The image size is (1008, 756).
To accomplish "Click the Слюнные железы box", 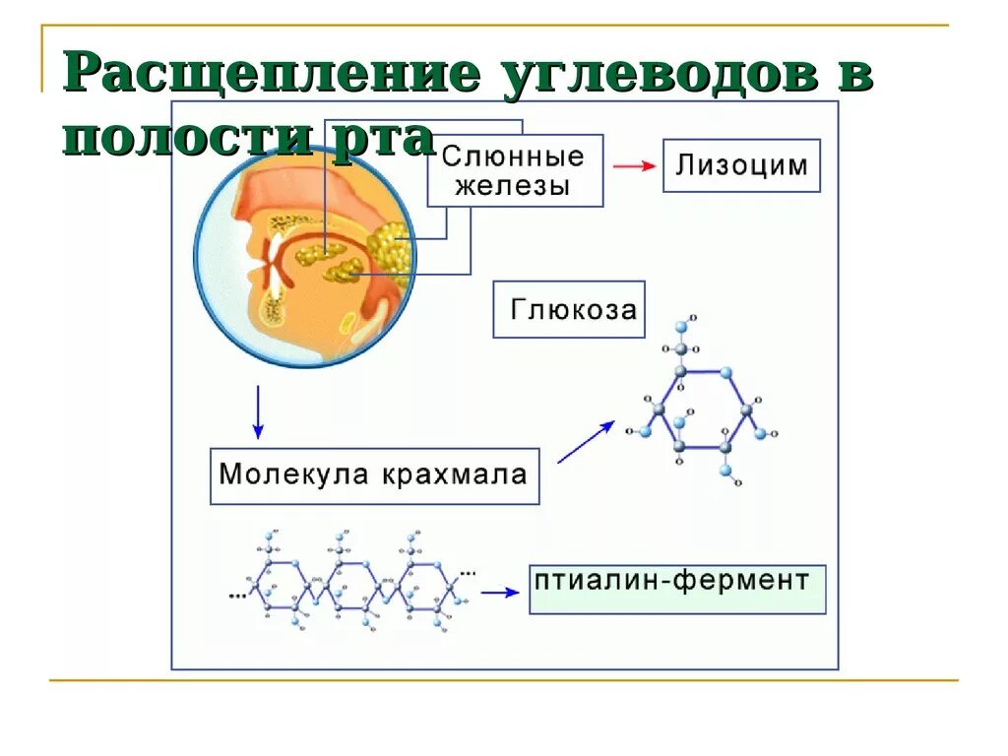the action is [513, 170].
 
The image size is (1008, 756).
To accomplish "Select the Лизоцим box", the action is [741, 164].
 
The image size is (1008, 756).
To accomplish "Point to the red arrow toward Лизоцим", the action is [634, 165].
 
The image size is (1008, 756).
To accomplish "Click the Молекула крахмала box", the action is [374, 476].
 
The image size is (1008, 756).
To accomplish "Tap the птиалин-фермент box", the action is [677, 589].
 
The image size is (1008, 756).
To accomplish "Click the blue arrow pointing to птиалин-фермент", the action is [499, 593].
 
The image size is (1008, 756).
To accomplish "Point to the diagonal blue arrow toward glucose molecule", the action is [586, 442].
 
